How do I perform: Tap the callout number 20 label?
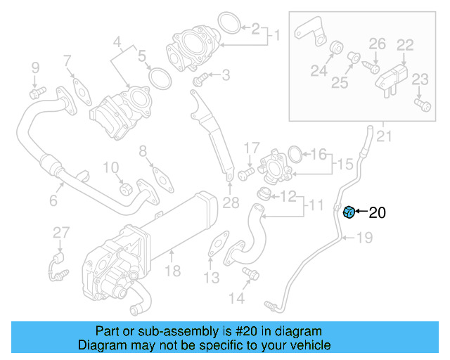click(x=377, y=212)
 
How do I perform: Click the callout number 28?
click(x=231, y=203)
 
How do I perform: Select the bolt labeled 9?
click(x=35, y=91)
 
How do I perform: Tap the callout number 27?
click(x=61, y=233)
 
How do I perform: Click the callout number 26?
click(x=378, y=44)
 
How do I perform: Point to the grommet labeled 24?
click(x=335, y=49)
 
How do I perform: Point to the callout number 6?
click(x=53, y=202)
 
